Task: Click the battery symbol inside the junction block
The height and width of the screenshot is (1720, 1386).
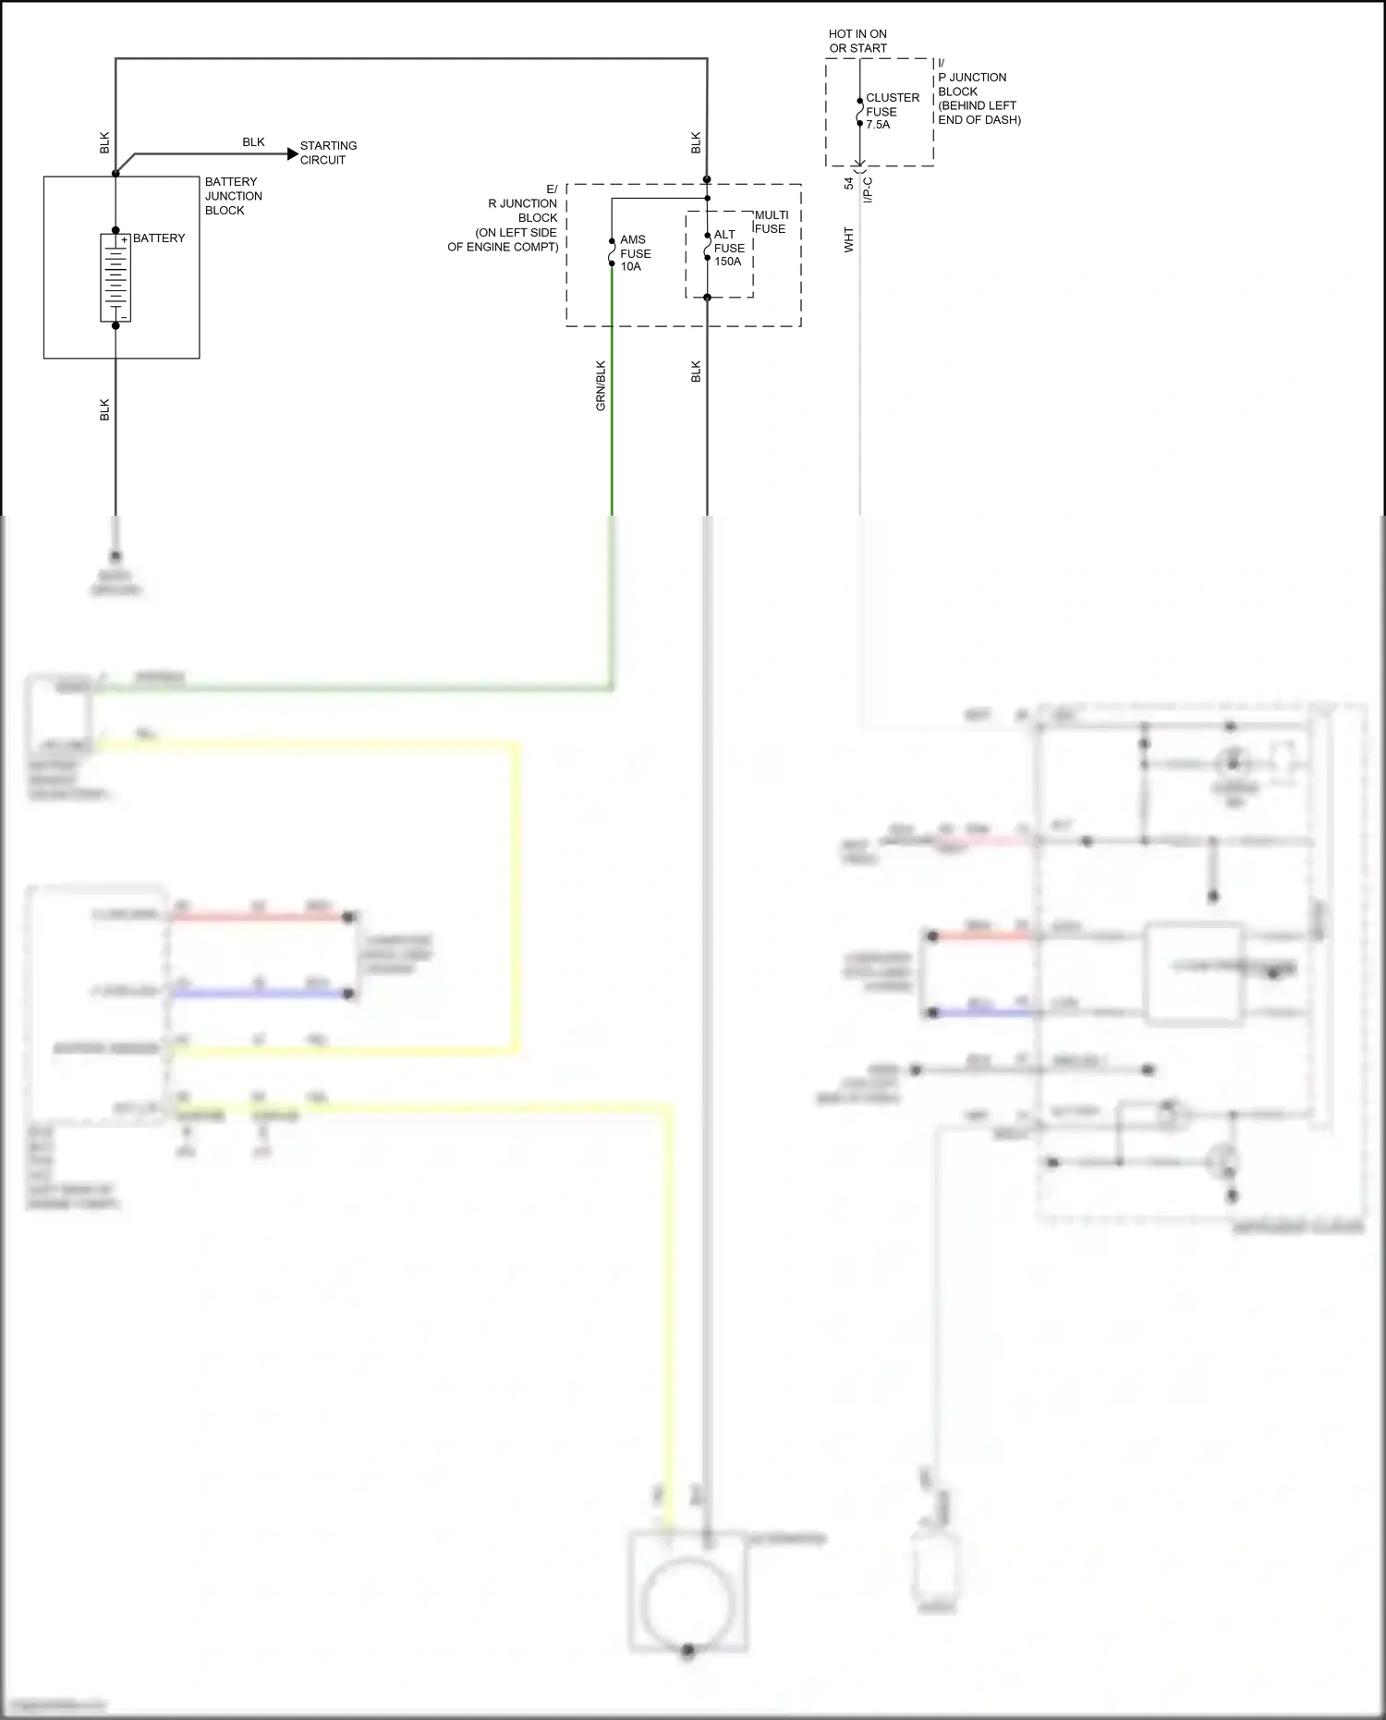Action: point(115,277)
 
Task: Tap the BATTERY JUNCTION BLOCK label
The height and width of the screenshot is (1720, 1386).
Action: point(233,196)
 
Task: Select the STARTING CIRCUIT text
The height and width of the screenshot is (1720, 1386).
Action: point(328,152)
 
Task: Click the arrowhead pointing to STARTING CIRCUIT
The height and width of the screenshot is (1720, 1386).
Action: point(293,153)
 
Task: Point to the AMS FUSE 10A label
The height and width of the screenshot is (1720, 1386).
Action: point(635,253)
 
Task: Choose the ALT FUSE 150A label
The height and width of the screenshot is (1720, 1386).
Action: point(728,248)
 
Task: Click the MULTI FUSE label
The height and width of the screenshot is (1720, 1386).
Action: point(771,222)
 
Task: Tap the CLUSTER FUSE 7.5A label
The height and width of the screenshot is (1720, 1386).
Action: point(892,111)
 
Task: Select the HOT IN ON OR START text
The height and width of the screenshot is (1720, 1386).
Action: point(857,41)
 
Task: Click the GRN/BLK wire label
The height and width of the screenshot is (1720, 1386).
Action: point(601,385)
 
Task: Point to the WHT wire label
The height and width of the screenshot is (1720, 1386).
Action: point(848,240)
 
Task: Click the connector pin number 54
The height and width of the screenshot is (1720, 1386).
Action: point(849,183)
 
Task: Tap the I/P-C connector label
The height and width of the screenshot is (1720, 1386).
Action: point(868,189)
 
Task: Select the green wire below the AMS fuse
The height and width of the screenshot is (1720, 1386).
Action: point(612,416)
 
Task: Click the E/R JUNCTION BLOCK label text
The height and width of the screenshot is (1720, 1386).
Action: point(517,218)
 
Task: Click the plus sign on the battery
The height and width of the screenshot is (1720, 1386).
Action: point(124,240)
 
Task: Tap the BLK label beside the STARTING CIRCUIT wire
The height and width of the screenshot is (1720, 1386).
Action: point(253,142)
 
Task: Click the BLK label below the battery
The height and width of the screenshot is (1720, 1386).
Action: point(104,410)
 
